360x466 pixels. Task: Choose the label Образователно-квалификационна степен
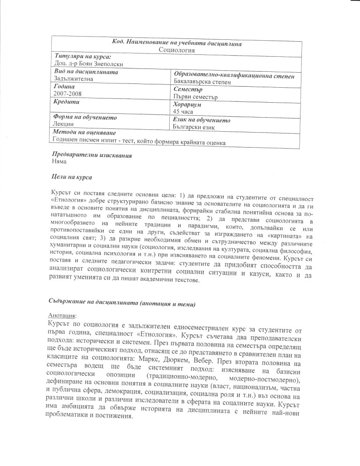pyautogui.click(x=234, y=75)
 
